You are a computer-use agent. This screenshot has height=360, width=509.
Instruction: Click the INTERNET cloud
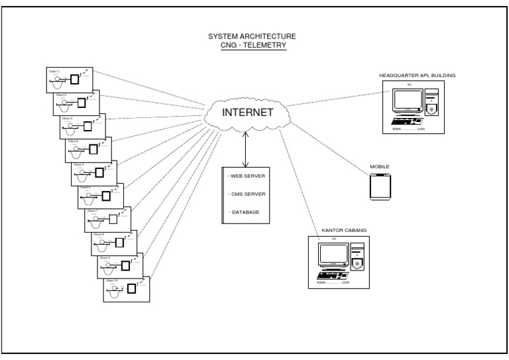coord(247,113)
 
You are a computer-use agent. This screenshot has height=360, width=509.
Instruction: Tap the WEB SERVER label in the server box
coord(247,177)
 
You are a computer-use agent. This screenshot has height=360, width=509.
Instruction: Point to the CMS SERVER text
coord(247,194)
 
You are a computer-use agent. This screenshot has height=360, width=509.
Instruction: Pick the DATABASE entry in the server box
coord(245,212)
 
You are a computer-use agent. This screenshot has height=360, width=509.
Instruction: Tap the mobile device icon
coord(380,187)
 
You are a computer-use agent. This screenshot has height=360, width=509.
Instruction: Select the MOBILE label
coord(379,166)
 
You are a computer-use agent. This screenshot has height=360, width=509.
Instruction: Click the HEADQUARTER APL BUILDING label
coord(417,75)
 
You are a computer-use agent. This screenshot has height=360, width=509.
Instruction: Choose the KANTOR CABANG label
coord(343,230)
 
